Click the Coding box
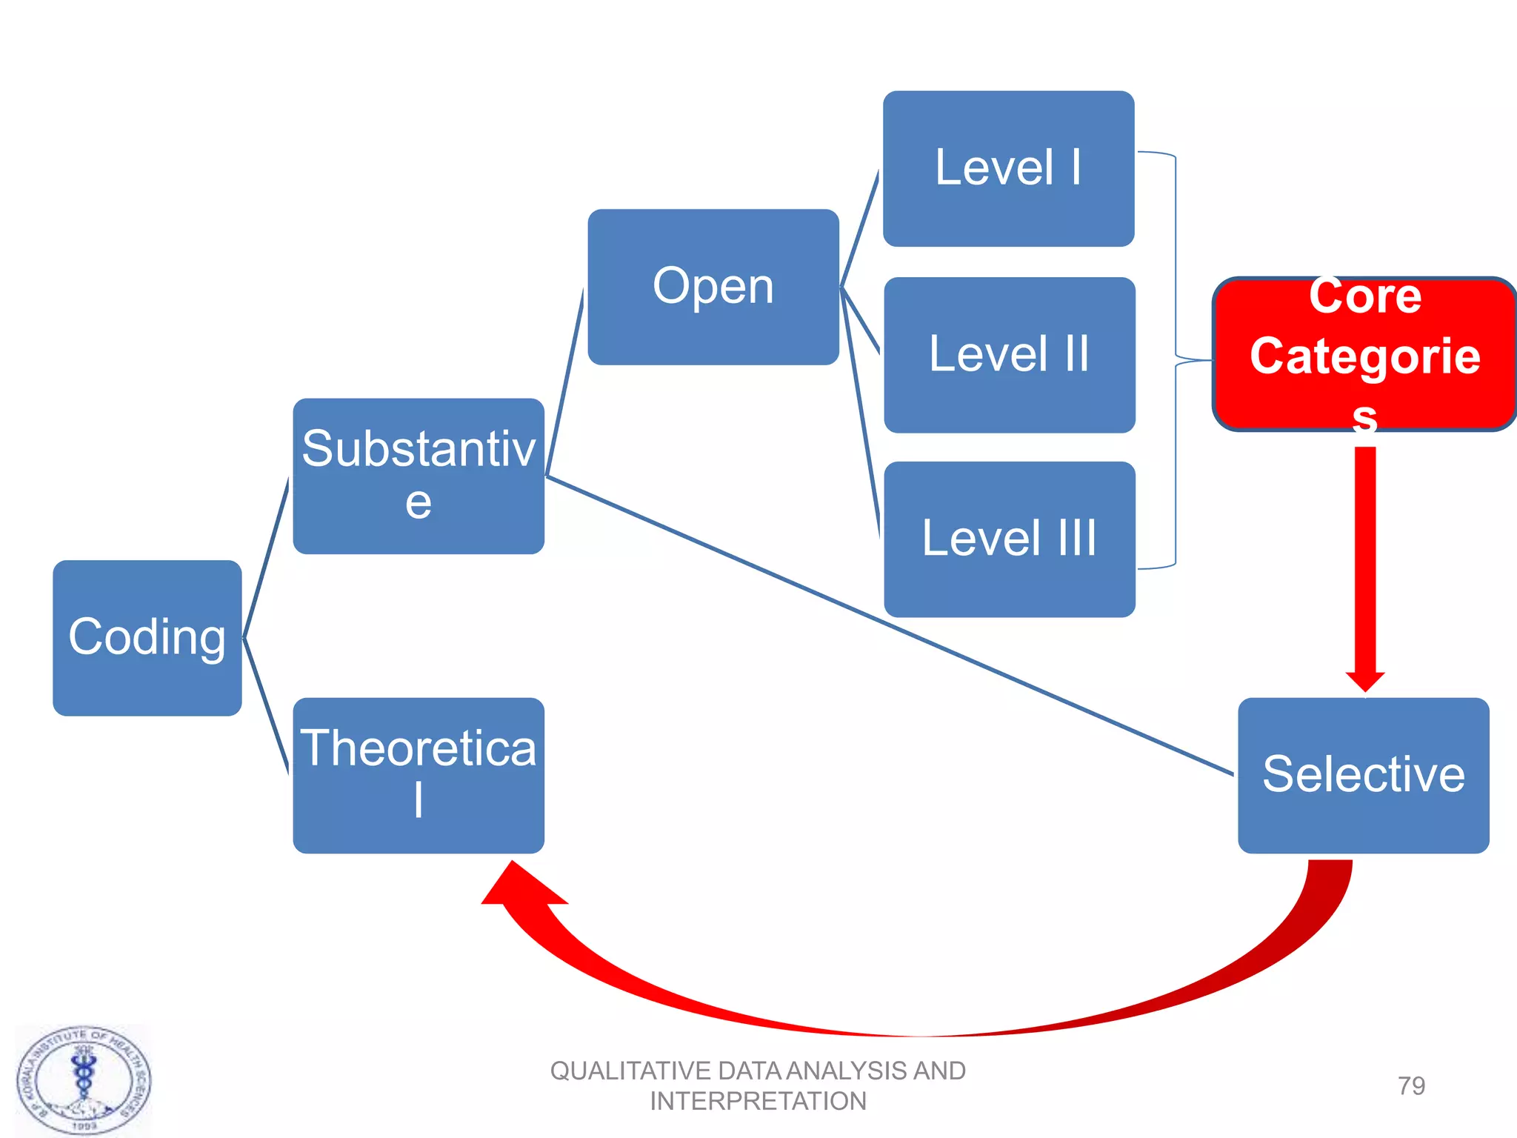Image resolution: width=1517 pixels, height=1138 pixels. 147,637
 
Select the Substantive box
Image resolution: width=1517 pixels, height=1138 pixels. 419,476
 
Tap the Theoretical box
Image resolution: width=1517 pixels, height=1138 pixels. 419,775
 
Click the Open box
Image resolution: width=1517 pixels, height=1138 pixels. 713,287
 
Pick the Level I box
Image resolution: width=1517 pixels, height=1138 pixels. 1008,168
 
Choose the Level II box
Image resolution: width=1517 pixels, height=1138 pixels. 1009,355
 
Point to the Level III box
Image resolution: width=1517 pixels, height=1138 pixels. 1009,539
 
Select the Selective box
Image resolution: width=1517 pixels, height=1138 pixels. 1363,775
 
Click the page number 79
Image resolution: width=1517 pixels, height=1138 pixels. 1411,1085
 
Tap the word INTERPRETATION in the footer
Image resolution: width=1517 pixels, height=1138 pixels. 758,1101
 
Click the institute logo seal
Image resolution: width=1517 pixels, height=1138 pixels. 84,1080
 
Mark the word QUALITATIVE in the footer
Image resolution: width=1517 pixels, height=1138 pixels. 630,1071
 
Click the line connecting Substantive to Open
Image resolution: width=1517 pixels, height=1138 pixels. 564,382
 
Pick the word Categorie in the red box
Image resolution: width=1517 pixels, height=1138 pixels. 1364,356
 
